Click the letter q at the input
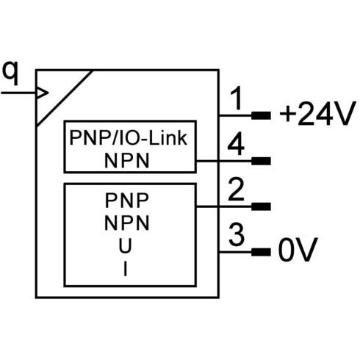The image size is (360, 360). tap(10, 73)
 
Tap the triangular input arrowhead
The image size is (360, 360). tap(42, 93)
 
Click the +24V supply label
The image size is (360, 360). tap(317, 113)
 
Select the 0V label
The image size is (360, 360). tap(298, 250)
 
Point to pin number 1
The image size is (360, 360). tap(236, 98)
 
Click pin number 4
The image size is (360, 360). tap(236, 144)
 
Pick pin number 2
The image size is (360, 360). tap(236, 190)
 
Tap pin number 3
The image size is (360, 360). tap(237, 234)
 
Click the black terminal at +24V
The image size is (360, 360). tap(261, 115)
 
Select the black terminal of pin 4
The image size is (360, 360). tap(261, 161)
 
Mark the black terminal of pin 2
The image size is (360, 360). tap(261, 206)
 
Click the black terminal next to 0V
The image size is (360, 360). tap(261, 252)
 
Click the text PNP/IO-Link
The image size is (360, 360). tap(129, 138)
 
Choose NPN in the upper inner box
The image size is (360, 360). tap(127, 161)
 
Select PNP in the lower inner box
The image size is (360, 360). tap(127, 201)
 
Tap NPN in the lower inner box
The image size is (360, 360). tap(127, 223)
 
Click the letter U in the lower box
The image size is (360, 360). tap(125, 246)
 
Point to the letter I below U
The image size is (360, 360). tap(126, 269)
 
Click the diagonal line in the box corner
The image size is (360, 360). tap(65, 98)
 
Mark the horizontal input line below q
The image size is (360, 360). tap(18, 93)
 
